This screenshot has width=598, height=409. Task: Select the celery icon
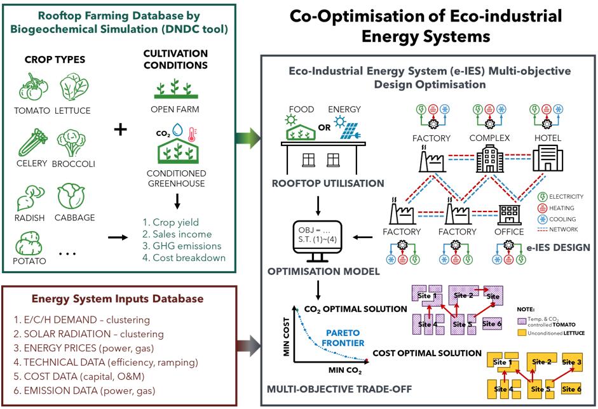pyautogui.click(x=31, y=141)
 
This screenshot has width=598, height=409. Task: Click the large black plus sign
pyautogui.click(x=119, y=130)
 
